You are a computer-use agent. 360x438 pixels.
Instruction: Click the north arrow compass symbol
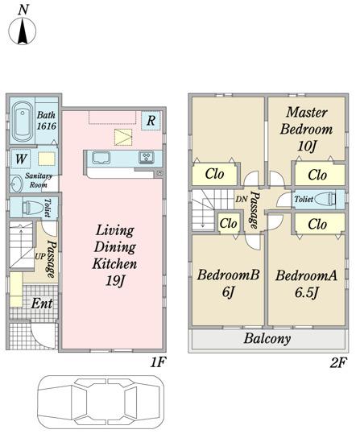point(23,31)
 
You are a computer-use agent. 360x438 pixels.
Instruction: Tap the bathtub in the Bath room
point(23,122)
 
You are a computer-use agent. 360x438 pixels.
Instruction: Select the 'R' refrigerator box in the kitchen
point(151,121)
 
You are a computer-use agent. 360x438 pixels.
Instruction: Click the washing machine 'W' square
point(21,159)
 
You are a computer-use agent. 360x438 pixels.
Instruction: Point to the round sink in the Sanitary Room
point(16,184)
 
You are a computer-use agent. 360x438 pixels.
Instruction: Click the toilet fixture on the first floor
point(32,207)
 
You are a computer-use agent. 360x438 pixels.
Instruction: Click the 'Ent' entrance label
point(42,304)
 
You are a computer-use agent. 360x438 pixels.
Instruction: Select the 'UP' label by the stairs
point(40,256)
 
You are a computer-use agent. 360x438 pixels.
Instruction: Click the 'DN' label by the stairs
point(242,199)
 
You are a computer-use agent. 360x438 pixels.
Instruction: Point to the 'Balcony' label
point(267,339)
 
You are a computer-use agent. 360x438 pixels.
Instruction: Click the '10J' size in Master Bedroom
point(307,146)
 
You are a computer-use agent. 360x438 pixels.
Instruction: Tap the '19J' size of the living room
point(114,280)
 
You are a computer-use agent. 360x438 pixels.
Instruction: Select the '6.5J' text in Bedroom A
point(307,292)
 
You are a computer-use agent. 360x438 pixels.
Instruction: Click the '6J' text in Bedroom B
point(229,292)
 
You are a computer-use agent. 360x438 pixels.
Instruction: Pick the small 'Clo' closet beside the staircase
point(229,223)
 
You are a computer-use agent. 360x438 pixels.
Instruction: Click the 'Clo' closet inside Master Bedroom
point(317,175)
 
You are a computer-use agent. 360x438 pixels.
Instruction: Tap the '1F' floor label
point(158,362)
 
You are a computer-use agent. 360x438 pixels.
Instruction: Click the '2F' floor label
point(338,363)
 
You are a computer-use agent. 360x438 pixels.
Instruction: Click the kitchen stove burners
point(147,157)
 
